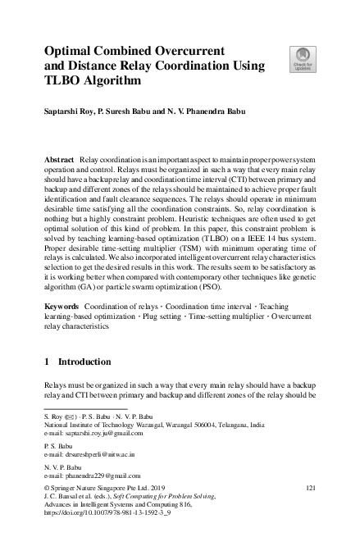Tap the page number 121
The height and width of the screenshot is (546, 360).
click(x=310, y=488)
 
